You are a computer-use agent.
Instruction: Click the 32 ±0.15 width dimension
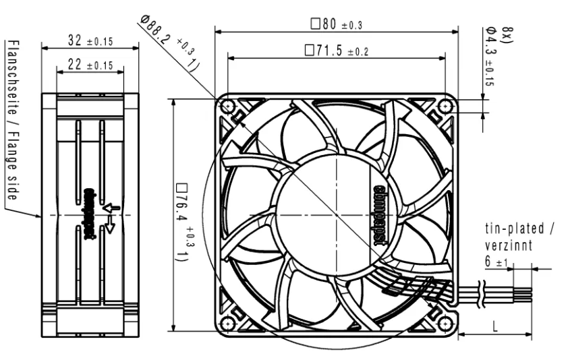coord(90,40)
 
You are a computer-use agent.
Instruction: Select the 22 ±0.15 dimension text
coord(90,65)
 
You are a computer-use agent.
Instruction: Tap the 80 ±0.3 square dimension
coord(337,24)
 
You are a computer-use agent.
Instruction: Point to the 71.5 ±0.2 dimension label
coord(337,51)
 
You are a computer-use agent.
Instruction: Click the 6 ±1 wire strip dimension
coord(496,261)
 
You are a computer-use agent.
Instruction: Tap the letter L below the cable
coord(495,327)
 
